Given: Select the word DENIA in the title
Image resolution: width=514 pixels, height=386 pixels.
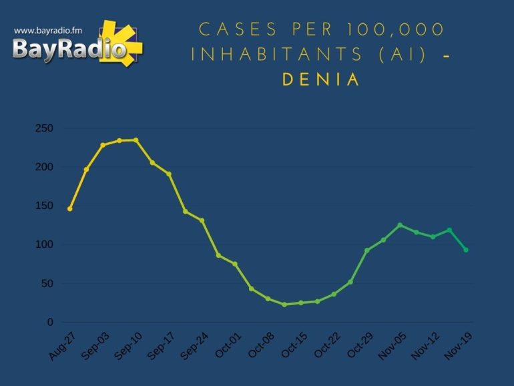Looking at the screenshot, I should tap(321, 79).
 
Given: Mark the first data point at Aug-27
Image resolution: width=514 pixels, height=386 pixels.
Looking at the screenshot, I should tap(69, 209).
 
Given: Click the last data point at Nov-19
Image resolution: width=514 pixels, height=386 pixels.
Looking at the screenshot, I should tap(466, 250).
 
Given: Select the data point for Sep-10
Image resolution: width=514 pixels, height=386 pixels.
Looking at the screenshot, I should tap(136, 140).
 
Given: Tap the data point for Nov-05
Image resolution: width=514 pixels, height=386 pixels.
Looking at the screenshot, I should tap(400, 225).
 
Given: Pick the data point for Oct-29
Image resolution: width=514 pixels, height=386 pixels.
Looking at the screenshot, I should tap(366, 250).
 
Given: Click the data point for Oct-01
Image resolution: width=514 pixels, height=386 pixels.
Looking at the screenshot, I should tap(235, 264).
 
